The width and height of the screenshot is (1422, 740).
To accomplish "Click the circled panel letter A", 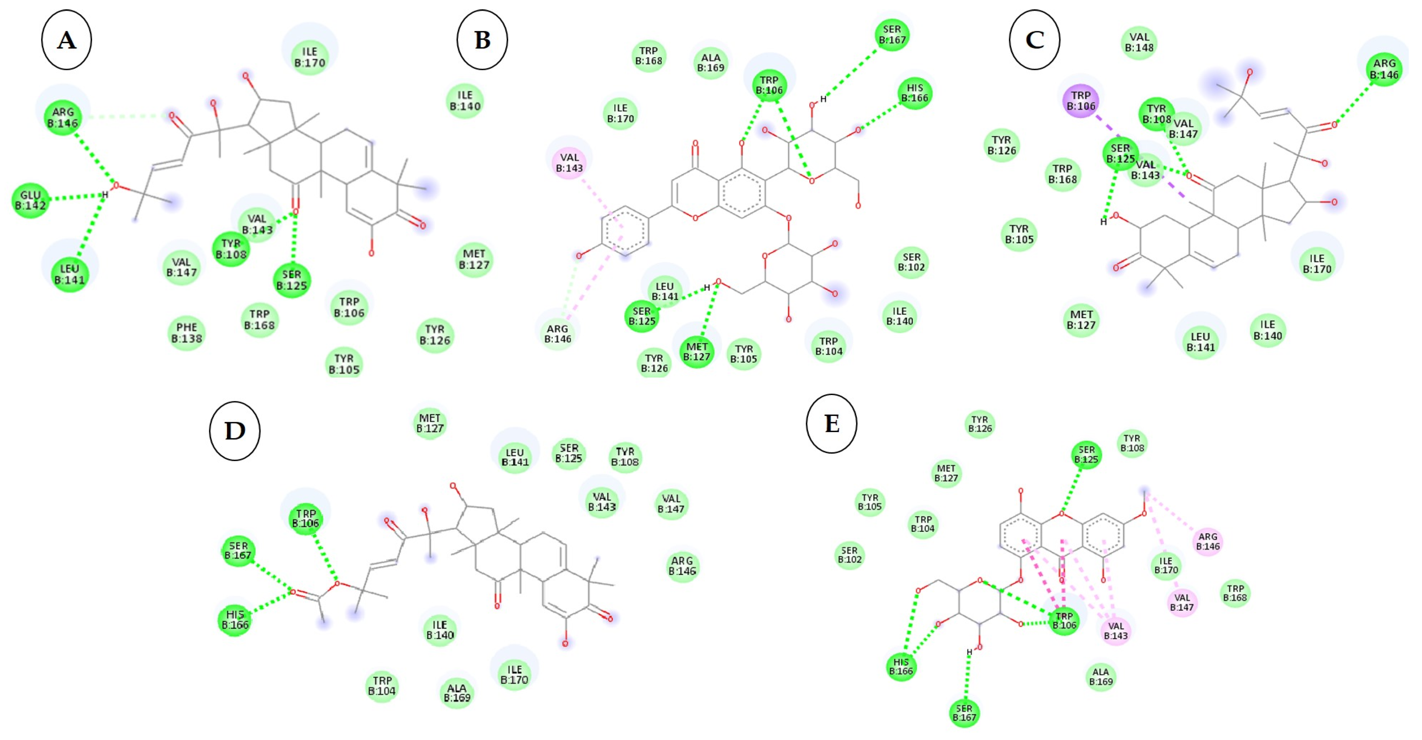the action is (66, 40).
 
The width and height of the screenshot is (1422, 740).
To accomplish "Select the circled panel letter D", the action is (235, 431).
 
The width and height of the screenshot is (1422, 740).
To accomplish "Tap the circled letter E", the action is (831, 424).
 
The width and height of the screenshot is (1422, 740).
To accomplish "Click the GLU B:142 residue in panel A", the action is (31, 200).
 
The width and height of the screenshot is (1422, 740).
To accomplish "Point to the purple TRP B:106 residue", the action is (1080, 100).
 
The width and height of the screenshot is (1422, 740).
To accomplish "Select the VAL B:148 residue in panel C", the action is (1139, 42).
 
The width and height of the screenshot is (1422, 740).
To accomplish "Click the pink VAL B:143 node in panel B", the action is (569, 162).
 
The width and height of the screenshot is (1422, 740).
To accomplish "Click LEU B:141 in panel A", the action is (70, 274).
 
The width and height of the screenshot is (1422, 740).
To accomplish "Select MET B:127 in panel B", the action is (697, 352).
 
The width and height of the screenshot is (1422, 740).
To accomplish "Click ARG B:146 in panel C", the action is (1384, 69).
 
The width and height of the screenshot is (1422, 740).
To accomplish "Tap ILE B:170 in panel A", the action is (310, 57).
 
